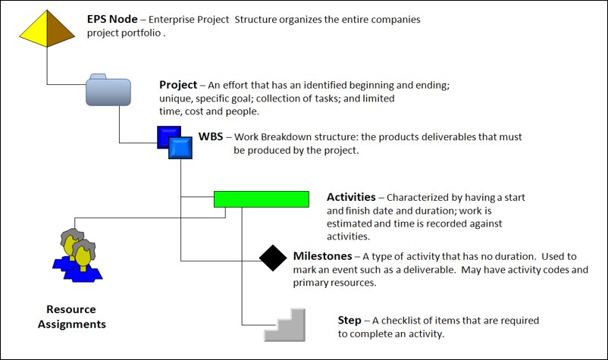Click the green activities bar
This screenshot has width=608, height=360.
pyautogui.click(x=261, y=199)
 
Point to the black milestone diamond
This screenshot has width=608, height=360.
pyautogui.click(x=273, y=258)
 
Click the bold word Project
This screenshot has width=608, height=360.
pyautogui.click(x=178, y=85)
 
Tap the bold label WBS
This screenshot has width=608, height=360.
pyautogui.click(x=210, y=137)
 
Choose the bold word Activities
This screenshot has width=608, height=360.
pyautogui.click(x=351, y=197)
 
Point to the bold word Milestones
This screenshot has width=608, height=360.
pyautogui.click(x=322, y=256)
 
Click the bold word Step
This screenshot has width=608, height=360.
pyautogui.click(x=349, y=320)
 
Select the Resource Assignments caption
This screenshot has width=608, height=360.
pyautogui.click(x=71, y=317)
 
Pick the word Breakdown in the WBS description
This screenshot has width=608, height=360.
pyautogui.click(x=291, y=137)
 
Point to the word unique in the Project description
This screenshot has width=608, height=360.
pyautogui.click(x=176, y=99)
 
